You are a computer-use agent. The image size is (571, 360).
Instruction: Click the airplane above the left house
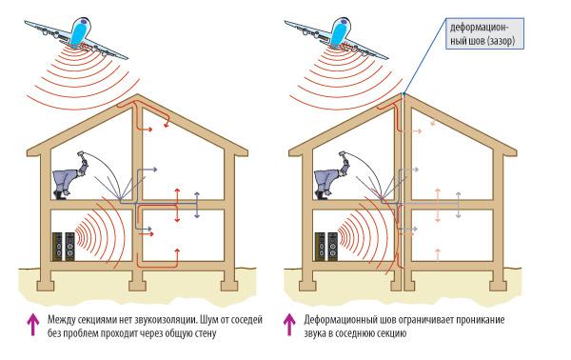78,36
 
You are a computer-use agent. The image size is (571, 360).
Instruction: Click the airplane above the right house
338,36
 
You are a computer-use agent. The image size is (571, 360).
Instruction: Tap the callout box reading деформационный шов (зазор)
484,33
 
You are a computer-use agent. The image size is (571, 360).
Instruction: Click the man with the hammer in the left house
71,176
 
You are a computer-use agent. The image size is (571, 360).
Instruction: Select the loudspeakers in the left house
64,247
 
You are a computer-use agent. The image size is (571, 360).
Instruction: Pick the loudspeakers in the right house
325,247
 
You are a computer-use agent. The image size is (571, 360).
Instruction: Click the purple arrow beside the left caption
33,325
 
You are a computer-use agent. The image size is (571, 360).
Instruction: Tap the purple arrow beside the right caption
289,325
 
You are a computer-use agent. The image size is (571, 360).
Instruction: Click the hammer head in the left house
80,154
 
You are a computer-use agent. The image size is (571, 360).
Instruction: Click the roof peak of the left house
137,95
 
